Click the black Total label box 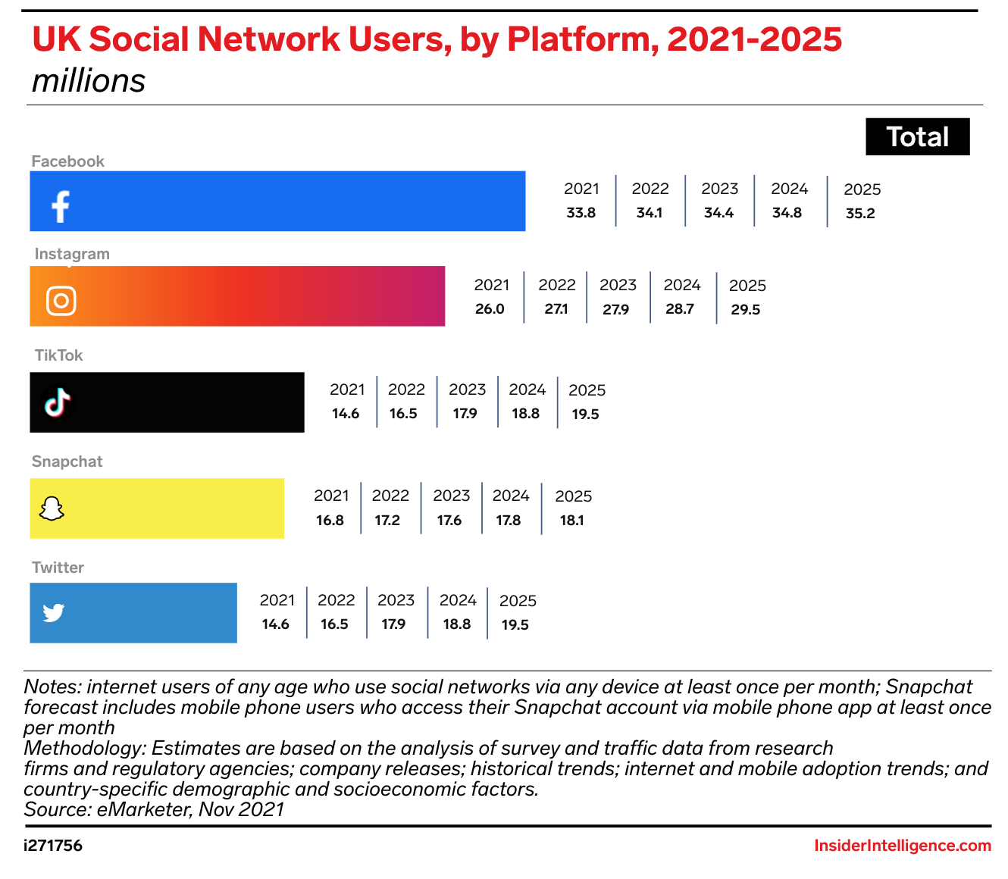point(917,137)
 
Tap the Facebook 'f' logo point(61,206)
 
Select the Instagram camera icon point(61,301)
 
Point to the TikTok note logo point(58,402)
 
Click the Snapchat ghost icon point(52,509)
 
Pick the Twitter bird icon point(54,612)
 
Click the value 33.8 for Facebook point(581,213)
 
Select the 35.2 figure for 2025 point(860,214)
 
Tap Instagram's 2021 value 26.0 point(490,309)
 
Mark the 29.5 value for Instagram point(746,310)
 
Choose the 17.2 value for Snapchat point(387,521)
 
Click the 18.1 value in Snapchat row point(571,521)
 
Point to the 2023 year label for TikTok point(467,389)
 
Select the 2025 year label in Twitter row point(518,601)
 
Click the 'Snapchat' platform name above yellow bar point(67,461)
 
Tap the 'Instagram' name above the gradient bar point(72,254)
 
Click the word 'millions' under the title point(89,81)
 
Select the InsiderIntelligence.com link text point(903,846)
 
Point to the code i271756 point(53,846)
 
